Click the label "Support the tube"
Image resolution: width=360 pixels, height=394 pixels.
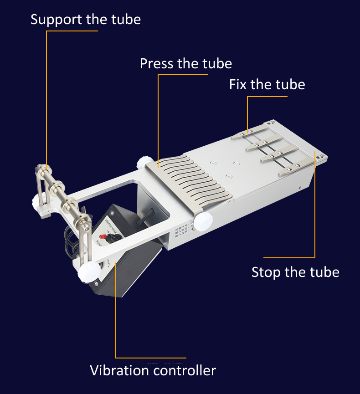[x=86, y=20]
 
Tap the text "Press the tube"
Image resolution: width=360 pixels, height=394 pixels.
[x=185, y=63]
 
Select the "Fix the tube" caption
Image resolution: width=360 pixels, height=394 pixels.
[x=267, y=85]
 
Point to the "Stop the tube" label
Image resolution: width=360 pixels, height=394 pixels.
[x=295, y=272]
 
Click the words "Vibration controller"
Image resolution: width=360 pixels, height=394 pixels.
[x=153, y=370]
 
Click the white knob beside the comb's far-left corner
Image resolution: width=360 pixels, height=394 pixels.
[x=144, y=162]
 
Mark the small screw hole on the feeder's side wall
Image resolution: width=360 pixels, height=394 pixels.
[x=299, y=187]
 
